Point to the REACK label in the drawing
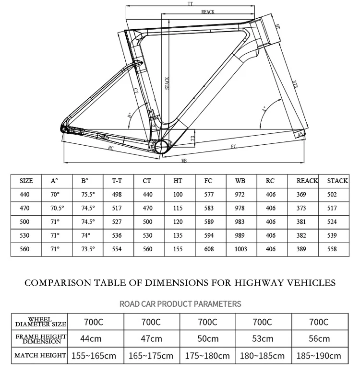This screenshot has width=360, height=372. click(207, 12)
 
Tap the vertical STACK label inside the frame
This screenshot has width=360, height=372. click(167, 83)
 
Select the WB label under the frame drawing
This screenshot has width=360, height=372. click(183, 162)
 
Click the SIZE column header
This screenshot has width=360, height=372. click(26, 181)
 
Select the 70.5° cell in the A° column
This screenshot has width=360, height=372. click(57, 208)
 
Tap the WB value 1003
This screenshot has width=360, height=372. click(241, 249)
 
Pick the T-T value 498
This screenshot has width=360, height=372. click(117, 194)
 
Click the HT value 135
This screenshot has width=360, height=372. click(178, 235)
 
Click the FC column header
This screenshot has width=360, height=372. click(208, 181)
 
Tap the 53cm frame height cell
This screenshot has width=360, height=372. click(264, 338)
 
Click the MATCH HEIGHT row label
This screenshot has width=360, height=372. click(40, 356)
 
